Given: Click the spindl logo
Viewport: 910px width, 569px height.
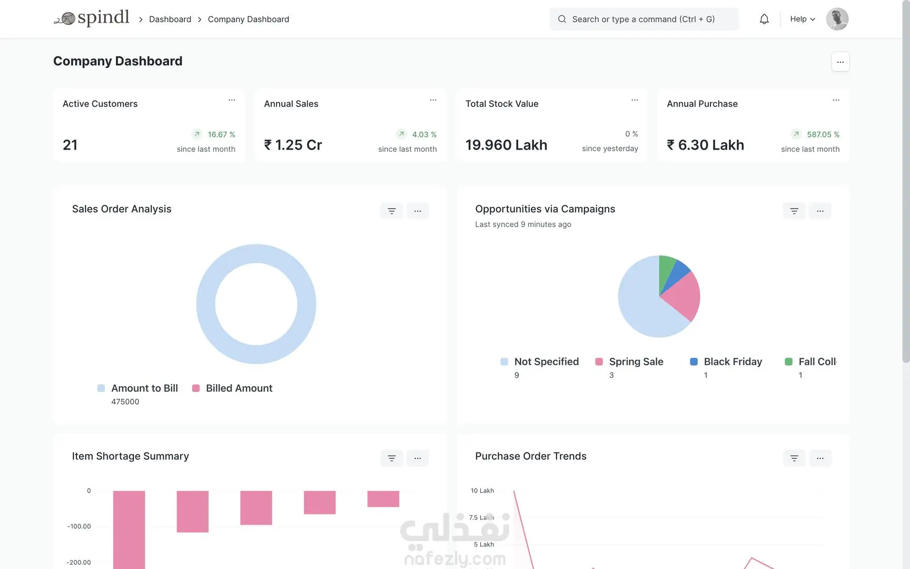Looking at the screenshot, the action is coord(92,18).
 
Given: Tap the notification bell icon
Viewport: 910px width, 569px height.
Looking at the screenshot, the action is coord(764,19).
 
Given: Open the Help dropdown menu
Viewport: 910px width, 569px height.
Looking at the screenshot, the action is coord(803,19).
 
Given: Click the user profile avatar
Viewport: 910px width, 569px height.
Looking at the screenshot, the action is coord(837,19).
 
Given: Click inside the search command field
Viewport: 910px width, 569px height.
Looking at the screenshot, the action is coord(644,19).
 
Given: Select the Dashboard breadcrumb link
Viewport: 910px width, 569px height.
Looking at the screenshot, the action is coord(170,19).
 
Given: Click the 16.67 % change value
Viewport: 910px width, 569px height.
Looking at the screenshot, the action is coord(222,134).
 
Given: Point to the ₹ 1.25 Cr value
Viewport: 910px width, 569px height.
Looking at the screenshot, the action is coord(293,145).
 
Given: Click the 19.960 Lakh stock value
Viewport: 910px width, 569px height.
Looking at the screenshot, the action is coord(506,145).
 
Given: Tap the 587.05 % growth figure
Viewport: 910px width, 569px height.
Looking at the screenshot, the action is coord(823,134).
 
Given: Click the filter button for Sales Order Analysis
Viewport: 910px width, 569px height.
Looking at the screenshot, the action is coord(391,211).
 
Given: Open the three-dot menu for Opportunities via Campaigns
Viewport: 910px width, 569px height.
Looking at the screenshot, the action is coord(820,211).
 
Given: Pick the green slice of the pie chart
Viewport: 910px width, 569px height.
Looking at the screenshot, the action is coord(666,269).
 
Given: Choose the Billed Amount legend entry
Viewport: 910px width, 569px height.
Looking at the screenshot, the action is coord(232,388).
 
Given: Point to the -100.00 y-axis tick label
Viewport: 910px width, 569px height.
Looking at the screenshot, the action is coord(79,526).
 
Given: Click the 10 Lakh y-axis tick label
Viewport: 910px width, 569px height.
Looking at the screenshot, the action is coord(482,490).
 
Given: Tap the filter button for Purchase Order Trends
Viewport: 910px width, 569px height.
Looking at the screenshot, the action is coord(794,458).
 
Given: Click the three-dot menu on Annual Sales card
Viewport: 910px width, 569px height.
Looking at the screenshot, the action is coord(433,100).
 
